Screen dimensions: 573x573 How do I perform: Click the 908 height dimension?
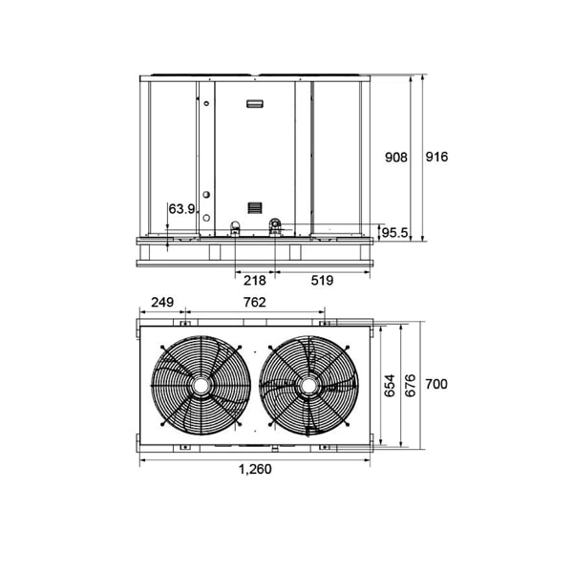pos(396,158)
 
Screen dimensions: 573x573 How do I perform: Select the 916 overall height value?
pos(436,157)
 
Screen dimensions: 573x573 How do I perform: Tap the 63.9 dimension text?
pos(181,209)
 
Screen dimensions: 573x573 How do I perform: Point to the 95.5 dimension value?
pos(394,232)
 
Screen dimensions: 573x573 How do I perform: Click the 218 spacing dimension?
pos(255,281)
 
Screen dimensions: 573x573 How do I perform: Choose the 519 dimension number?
pos(323,280)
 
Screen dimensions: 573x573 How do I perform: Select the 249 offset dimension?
pos(162,302)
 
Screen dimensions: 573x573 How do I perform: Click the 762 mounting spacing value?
pos(255,302)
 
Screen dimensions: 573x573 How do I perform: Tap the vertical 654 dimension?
pos(390,385)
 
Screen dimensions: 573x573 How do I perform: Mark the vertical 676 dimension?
pos(411,385)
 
